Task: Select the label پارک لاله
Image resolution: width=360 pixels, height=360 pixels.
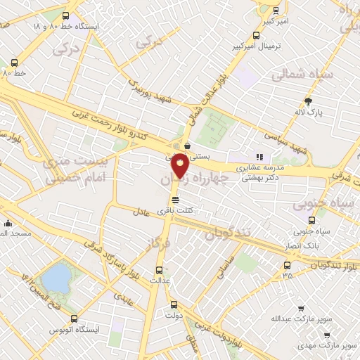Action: pyautogui.click(x=308, y=112)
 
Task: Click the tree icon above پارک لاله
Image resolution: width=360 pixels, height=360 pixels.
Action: pyautogui.click(x=307, y=101)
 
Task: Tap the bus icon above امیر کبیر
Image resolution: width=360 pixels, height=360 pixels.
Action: pyautogui.click(x=275, y=11)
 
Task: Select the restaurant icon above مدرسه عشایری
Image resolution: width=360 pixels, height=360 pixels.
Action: pyautogui.click(x=259, y=157)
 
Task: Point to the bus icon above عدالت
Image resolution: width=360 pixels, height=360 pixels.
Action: pyautogui.click(x=159, y=269)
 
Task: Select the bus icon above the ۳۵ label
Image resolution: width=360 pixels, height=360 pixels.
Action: pyautogui.click(x=287, y=265)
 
